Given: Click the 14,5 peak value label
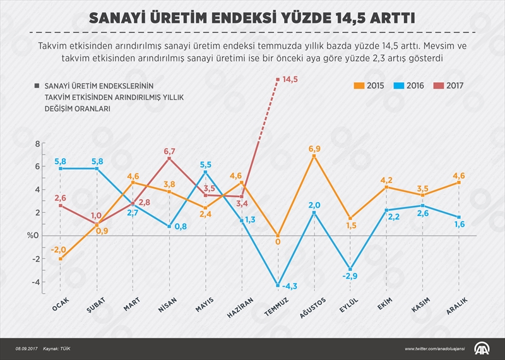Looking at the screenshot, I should [290, 79].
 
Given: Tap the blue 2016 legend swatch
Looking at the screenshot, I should [397, 85].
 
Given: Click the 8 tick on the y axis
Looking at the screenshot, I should [37, 144].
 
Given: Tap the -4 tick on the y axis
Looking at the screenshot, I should [36, 282].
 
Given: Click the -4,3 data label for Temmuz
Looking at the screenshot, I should [290, 287].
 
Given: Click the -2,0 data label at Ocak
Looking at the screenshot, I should [60, 249].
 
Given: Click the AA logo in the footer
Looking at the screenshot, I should [484, 348].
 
